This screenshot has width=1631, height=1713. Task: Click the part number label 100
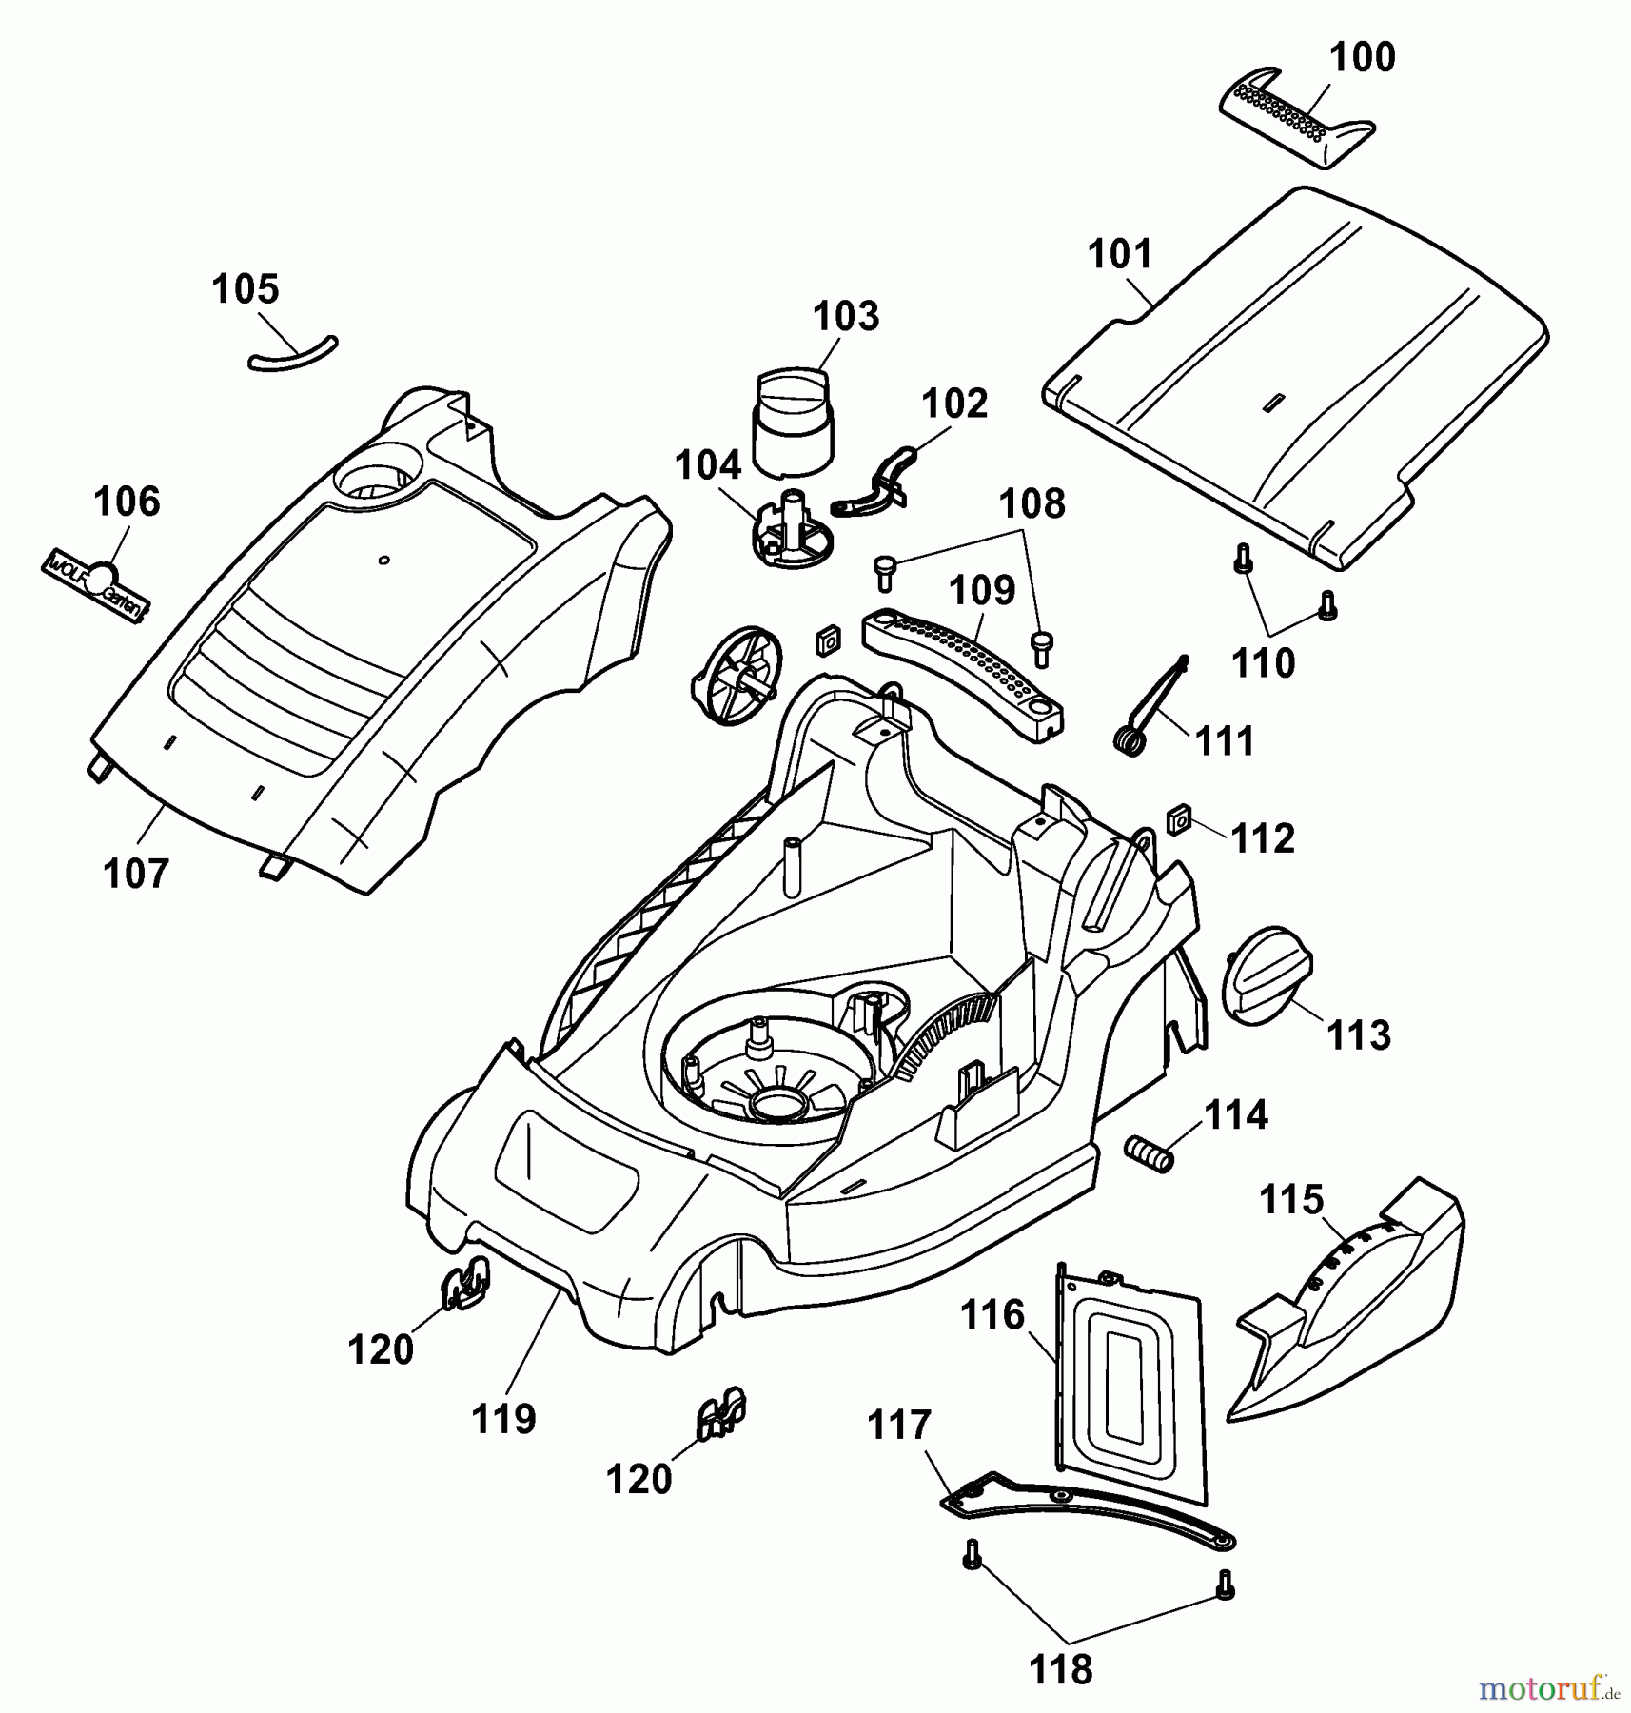coord(1362,58)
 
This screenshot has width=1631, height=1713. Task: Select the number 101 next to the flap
coord(1120,255)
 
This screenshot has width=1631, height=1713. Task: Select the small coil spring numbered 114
coord(1147,1153)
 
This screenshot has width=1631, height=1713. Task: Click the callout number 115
coord(1291,1199)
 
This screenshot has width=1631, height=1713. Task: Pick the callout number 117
coord(899,1426)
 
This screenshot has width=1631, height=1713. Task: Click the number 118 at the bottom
coord(1061,1669)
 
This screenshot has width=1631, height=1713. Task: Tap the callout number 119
coord(503,1419)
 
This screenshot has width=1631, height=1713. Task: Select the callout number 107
coord(136,874)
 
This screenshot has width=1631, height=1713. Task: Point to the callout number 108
coord(1033,503)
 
